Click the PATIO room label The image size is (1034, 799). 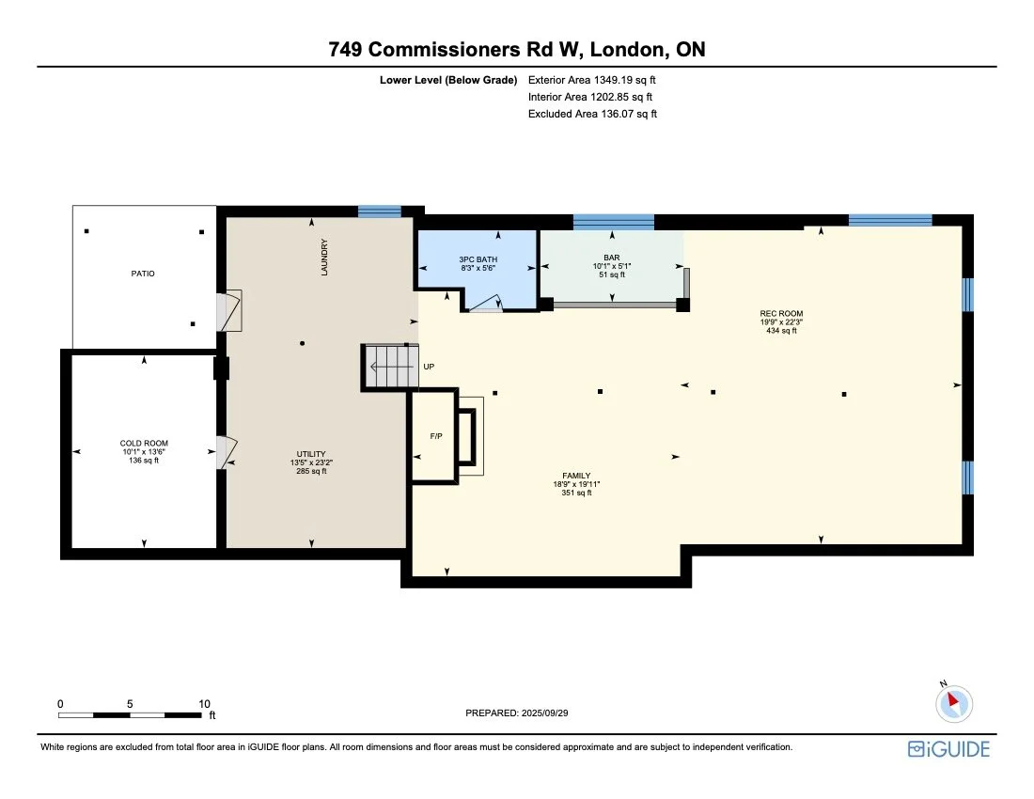click(x=143, y=274)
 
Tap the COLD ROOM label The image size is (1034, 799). click(x=143, y=443)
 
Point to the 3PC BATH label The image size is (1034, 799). click(x=478, y=258)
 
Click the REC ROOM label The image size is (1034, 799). click(x=781, y=313)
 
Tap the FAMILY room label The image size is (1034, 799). click(x=576, y=476)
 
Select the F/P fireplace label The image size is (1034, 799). click(x=436, y=437)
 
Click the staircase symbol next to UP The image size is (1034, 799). click(x=390, y=367)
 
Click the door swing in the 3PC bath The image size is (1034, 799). click(x=487, y=303)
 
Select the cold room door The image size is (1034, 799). click(x=226, y=452)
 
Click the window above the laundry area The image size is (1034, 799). click(x=380, y=211)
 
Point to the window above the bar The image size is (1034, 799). click(x=613, y=222)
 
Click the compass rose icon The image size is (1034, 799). click(x=955, y=702)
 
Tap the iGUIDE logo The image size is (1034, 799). click(x=948, y=749)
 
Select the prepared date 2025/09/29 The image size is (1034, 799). click(x=518, y=713)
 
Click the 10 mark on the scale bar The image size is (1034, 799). click(x=204, y=703)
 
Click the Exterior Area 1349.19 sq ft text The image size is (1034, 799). click(x=592, y=80)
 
